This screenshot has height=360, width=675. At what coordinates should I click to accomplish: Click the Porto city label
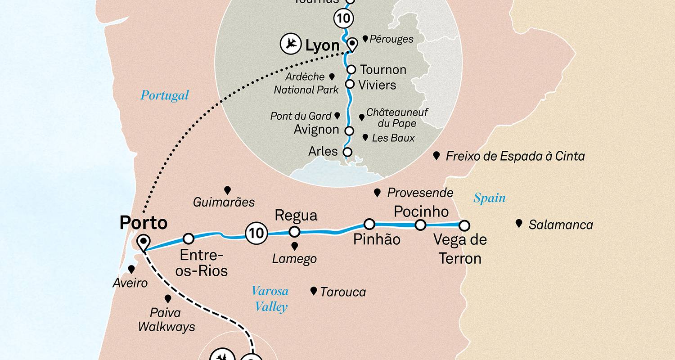coord(143,223)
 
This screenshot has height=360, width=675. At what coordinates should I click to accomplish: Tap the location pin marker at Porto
coord(144,242)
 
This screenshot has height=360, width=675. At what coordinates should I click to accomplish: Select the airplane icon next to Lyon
coord(290,45)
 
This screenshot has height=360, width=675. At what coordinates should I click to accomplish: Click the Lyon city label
coord(322,45)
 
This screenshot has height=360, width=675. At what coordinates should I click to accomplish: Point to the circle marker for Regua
coord(294,232)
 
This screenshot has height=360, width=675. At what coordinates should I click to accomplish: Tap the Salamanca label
coord(561,225)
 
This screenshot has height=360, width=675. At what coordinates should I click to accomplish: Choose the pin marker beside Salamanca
coord(519,223)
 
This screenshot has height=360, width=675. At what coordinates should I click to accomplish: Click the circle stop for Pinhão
coord(369,224)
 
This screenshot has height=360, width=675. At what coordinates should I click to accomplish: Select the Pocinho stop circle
coord(420,225)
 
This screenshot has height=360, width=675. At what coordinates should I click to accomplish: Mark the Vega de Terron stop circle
coord(464,225)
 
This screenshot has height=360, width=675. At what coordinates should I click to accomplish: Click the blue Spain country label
coord(489,198)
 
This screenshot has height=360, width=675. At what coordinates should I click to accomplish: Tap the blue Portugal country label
coord(164,95)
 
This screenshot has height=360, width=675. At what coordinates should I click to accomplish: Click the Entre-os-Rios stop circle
coord(189,238)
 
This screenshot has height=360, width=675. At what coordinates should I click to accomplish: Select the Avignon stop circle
coord(349,131)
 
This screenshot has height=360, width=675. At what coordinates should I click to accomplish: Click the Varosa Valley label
coord(270,299)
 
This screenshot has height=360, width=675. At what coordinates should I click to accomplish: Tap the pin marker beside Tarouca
coord(314,291)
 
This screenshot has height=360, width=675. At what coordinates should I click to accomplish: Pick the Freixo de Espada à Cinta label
coord(515,157)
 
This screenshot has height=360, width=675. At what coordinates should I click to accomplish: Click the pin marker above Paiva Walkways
coord(168,298)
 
